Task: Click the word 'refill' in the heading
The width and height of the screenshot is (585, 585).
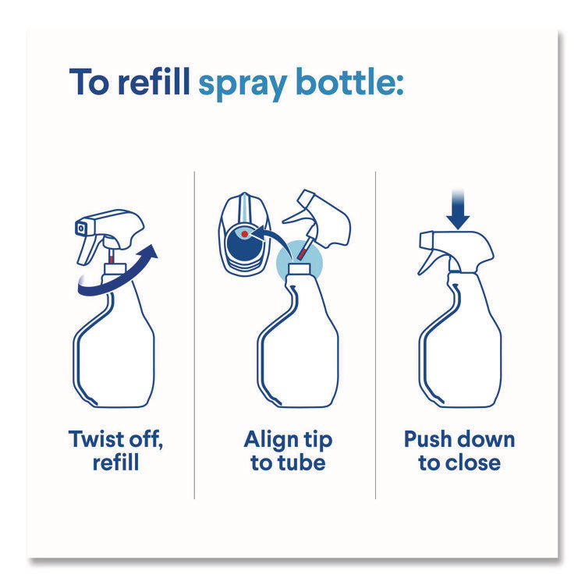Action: click(x=153, y=82)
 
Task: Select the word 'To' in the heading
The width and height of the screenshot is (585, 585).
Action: click(x=90, y=82)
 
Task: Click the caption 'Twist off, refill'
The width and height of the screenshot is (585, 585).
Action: click(x=115, y=450)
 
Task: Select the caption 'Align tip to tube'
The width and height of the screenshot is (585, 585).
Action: click(x=288, y=450)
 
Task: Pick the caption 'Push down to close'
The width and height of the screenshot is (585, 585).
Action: click(x=459, y=450)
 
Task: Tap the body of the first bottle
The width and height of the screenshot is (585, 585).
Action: click(x=115, y=351)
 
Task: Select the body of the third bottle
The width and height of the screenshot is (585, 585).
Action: click(x=460, y=351)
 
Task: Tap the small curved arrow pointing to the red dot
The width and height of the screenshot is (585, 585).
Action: click(x=273, y=234)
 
